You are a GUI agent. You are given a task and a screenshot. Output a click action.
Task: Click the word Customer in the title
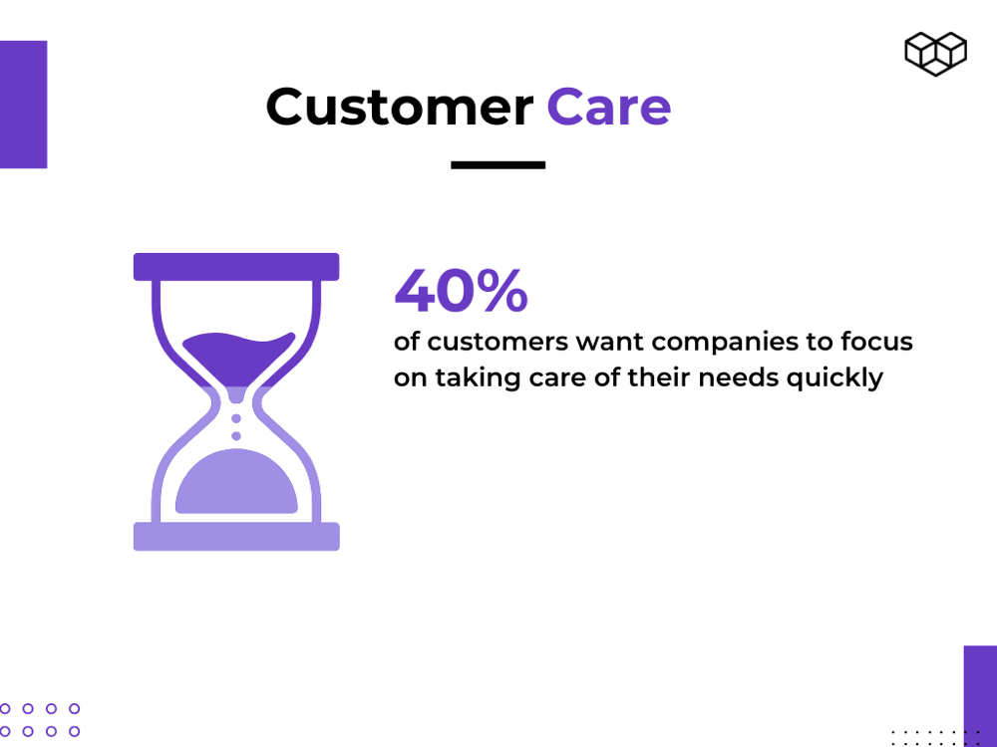(x=400, y=107)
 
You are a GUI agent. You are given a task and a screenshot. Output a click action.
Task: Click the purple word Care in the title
(x=608, y=107)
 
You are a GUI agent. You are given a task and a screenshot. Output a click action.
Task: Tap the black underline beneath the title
(x=498, y=165)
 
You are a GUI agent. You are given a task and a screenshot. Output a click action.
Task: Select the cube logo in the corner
(x=936, y=54)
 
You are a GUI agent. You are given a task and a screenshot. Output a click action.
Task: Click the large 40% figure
(x=461, y=290)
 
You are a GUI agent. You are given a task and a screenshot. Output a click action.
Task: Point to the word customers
(x=498, y=343)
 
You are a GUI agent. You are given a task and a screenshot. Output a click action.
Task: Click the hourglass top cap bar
(x=236, y=267)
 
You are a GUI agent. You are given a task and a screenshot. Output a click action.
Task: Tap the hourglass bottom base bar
(x=236, y=537)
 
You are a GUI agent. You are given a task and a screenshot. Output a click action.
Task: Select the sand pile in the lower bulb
(x=236, y=481)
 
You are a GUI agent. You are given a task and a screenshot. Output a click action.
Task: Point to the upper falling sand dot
(x=236, y=418)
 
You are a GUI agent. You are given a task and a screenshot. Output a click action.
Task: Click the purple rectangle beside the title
(x=24, y=105)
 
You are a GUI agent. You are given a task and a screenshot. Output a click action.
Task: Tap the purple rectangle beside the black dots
(x=980, y=696)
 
